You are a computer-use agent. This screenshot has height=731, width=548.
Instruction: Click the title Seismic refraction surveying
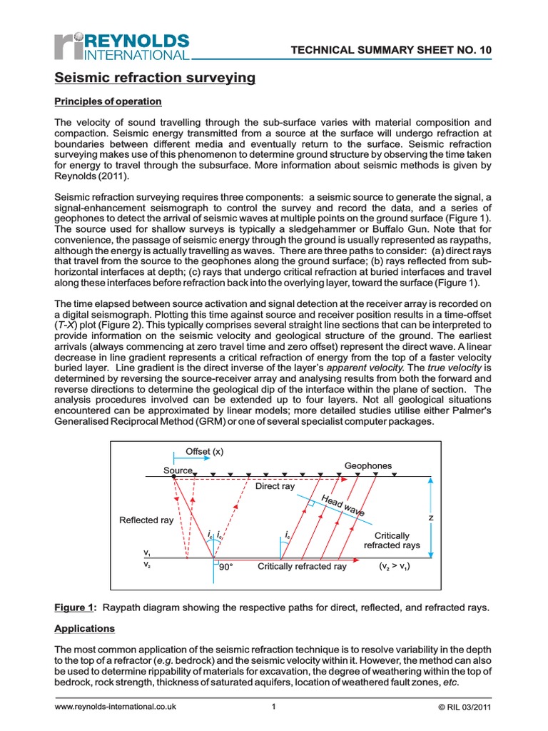(155, 77)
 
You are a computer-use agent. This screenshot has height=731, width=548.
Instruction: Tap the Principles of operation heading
(108, 101)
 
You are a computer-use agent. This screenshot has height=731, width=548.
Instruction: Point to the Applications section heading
(85, 629)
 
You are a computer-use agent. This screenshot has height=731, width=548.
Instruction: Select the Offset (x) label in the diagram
(205, 451)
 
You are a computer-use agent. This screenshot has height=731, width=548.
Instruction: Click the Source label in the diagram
(178, 470)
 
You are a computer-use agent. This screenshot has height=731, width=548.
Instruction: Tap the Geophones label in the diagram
(368, 465)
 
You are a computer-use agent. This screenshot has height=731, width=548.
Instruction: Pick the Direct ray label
(275, 486)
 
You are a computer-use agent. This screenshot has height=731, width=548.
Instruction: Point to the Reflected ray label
(146, 520)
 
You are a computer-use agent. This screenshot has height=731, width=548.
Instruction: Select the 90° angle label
(227, 566)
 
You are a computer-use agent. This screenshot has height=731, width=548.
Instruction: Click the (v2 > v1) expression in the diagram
(399, 566)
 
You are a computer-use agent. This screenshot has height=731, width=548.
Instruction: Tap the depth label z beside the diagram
(430, 517)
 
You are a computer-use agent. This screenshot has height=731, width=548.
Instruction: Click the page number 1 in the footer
(273, 707)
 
